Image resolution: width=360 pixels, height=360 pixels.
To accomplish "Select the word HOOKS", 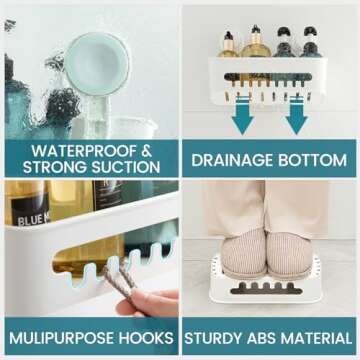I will (x=151, y=337).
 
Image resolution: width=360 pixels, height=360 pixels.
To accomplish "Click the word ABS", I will (x=270, y=337).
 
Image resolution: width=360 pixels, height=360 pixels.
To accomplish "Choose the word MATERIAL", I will (x=321, y=337).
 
